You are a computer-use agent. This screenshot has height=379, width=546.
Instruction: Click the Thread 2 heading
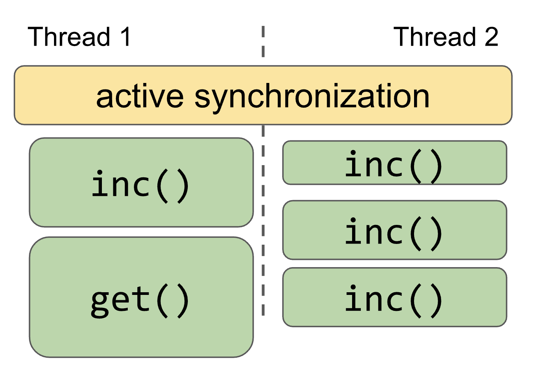(446, 37)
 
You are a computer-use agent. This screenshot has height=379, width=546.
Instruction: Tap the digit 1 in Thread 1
(126, 37)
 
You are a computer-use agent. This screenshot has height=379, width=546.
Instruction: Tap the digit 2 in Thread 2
(491, 37)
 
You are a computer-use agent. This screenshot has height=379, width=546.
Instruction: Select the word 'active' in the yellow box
(140, 96)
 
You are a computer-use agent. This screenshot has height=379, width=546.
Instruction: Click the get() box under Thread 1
(141, 297)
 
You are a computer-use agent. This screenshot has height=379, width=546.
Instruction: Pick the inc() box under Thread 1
(141, 183)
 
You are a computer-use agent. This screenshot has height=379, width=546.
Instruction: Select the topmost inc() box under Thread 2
(394, 163)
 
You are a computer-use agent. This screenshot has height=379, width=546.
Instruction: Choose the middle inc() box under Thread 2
(394, 230)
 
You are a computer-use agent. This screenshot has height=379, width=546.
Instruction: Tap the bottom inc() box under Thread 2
(394, 297)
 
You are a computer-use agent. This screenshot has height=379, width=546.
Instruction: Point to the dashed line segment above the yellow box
(263, 42)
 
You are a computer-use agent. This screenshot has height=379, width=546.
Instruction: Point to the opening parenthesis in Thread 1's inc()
(162, 186)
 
